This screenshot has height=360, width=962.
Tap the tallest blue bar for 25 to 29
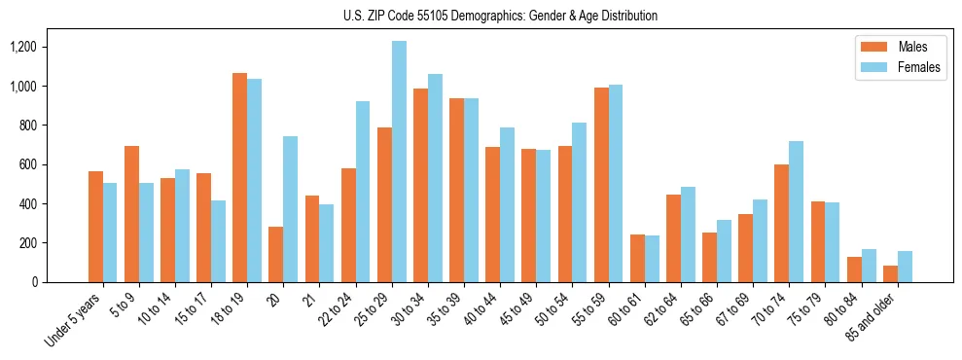[x=399, y=162]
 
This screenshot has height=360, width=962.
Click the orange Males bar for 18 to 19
[x=239, y=177]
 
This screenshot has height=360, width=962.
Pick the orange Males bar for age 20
[x=275, y=254]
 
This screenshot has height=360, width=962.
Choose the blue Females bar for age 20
[x=291, y=209]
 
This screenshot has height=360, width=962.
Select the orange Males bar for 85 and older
[x=890, y=273]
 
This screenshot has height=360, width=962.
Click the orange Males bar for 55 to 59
[x=601, y=185]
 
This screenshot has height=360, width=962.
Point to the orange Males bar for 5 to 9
[x=131, y=214]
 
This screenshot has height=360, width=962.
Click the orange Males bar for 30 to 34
[x=420, y=185]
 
